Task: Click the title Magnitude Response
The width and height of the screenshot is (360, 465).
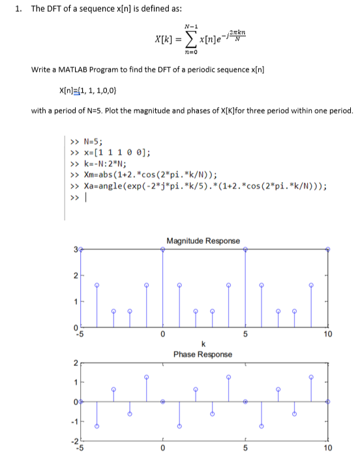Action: click(x=203, y=241)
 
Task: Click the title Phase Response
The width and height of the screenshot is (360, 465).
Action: click(x=203, y=354)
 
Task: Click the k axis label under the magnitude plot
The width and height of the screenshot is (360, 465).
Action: click(x=203, y=344)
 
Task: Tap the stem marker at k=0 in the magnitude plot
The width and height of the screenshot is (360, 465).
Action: click(x=163, y=248)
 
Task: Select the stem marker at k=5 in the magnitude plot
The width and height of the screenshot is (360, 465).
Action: click(x=245, y=248)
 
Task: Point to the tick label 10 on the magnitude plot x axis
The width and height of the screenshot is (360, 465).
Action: click(x=327, y=335)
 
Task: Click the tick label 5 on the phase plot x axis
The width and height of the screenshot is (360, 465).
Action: click(x=245, y=448)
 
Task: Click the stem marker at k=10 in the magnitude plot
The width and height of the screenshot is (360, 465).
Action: click(x=327, y=248)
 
